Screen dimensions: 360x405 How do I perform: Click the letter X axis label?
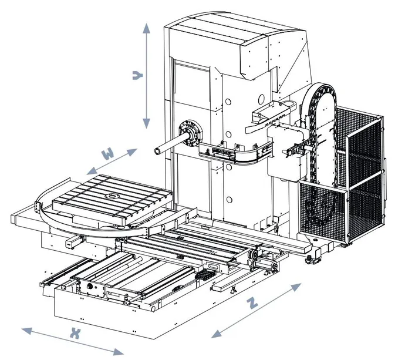pos(75,334)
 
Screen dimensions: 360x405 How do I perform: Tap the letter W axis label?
pos(107,155)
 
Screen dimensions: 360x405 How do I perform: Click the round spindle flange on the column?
pos(188,132)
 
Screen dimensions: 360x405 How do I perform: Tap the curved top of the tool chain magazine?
pos(320,89)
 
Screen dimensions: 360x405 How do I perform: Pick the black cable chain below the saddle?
pos(205,275)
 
